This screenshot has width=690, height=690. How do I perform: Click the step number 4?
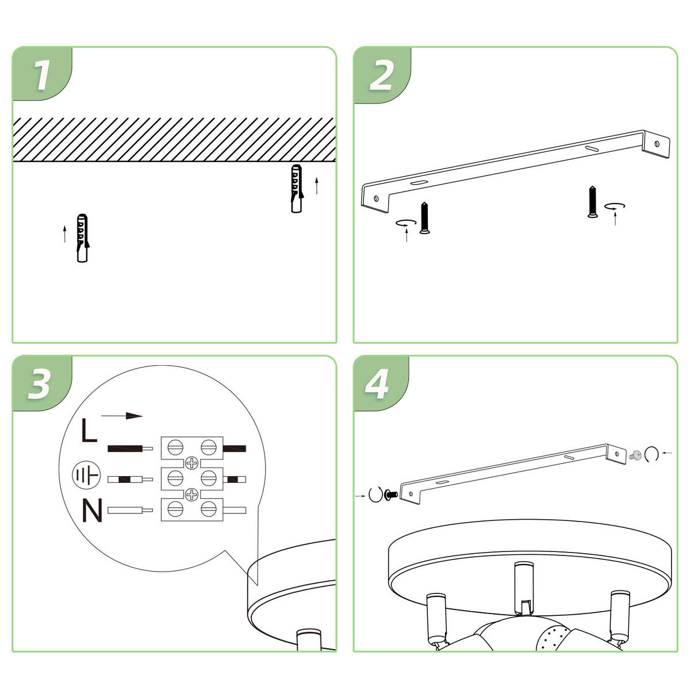[x=378, y=384]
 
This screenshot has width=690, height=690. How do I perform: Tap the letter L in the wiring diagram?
[x=89, y=431]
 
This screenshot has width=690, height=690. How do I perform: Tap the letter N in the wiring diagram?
[x=92, y=511]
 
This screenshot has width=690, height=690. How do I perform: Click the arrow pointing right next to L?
[x=121, y=416]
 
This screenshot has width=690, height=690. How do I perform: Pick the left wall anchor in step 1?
[x=83, y=237]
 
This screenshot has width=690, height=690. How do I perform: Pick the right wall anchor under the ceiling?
[x=297, y=188]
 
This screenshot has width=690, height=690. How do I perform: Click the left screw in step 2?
[x=424, y=218]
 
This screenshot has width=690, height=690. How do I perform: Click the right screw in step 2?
[x=592, y=202]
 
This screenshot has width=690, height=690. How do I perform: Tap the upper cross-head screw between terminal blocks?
[x=191, y=462]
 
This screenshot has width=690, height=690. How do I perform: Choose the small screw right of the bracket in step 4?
[x=637, y=455]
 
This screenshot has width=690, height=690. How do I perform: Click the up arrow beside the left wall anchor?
[x=65, y=234]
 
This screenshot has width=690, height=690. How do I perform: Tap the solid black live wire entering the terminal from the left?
[x=125, y=448]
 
